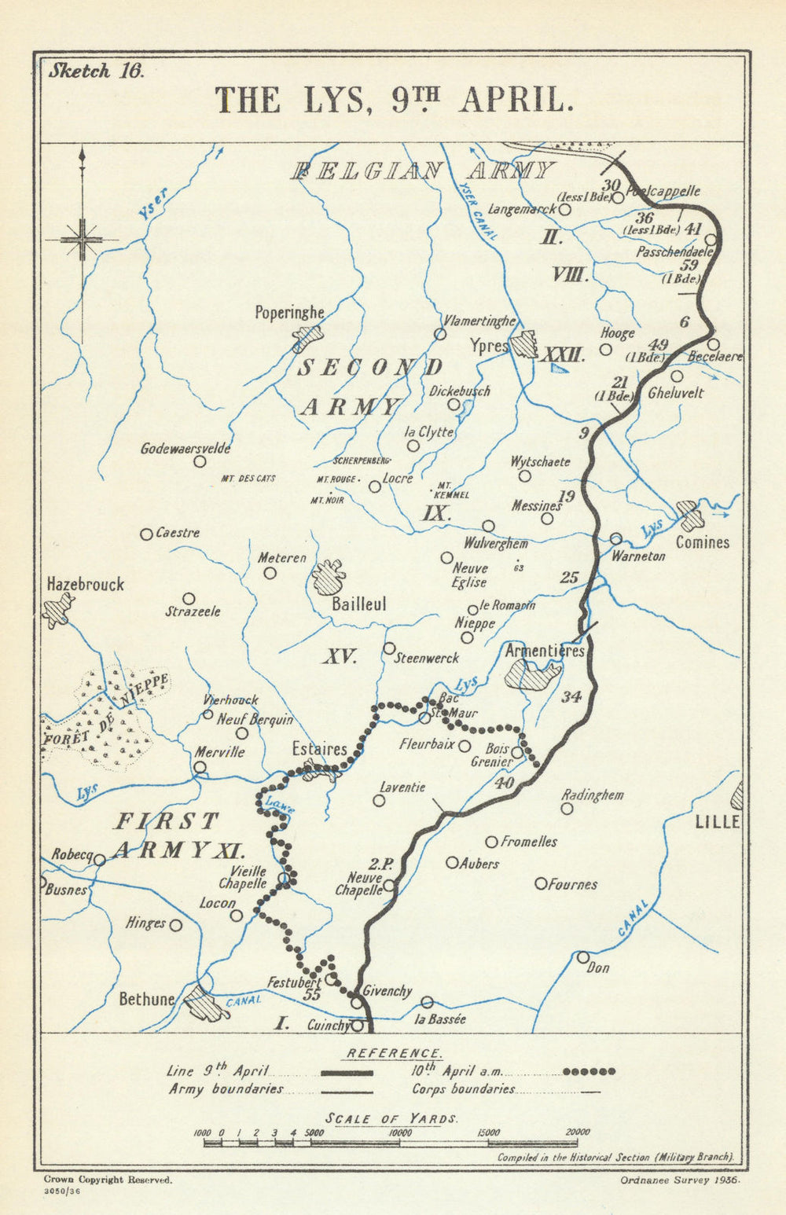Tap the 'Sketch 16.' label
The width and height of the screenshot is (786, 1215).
[96, 71]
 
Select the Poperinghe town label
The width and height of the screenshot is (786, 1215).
[289, 313]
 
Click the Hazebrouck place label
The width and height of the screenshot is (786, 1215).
[85, 585]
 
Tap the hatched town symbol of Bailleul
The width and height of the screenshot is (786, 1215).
[329, 578]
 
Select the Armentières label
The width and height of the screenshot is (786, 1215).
[545, 651]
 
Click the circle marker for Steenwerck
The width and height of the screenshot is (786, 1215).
[389, 648]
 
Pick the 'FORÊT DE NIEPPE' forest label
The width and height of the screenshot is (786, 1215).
[106, 710]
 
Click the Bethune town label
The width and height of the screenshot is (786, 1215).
[147, 999]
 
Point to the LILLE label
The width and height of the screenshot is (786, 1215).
[718, 822]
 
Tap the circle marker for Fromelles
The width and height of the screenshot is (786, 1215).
[491, 842]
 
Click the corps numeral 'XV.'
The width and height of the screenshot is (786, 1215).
[340, 657]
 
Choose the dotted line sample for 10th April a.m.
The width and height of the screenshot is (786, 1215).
[589, 1071]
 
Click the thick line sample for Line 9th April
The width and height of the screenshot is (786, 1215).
[346, 1072]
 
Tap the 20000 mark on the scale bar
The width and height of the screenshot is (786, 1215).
[578, 1132]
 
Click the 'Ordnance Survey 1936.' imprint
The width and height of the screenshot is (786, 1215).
[680, 1180]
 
